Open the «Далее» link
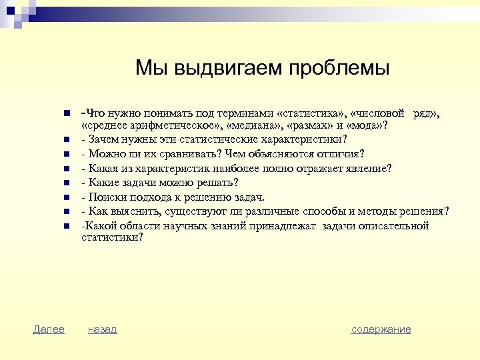pyautogui.click(x=49, y=329)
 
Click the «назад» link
pyautogui.click(x=102, y=329)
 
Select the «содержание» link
pyautogui.click(x=381, y=329)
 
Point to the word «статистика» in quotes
pyautogui.click(x=314, y=114)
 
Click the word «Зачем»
pyautogui.click(x=102, y=139)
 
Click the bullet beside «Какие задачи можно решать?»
pyautogui.click(x=67, y=182)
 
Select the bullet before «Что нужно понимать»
pyautogui.click(x=67, y=114)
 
